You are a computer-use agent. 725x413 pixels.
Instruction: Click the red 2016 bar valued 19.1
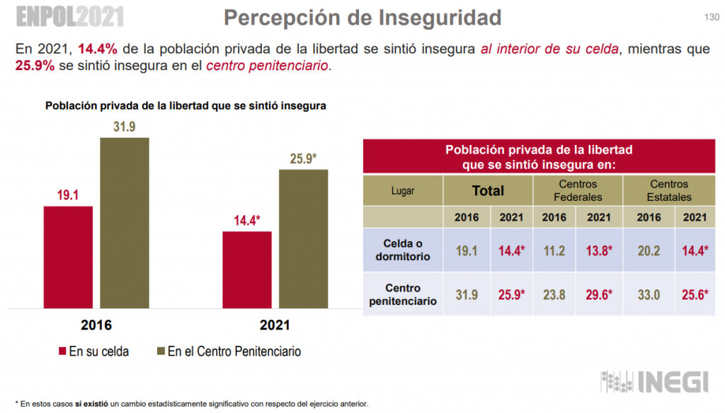point(68,257)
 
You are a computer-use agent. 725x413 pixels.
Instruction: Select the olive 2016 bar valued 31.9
point(124,223)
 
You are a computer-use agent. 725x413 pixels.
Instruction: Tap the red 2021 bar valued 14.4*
point(247,269)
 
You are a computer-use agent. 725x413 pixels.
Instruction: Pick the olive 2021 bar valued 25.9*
point(304,239)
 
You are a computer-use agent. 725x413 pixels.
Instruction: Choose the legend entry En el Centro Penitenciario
point(229,351)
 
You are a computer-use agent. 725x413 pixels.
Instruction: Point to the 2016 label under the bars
point(96,326)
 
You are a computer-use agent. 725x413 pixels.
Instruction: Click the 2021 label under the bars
point(275,326)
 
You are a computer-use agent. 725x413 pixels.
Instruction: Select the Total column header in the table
point(488,190)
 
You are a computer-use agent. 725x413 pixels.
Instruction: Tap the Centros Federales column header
point(578,190)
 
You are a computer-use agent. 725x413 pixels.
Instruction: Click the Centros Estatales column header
point(668,190)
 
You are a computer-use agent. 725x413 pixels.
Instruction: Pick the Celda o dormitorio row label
point(403,250)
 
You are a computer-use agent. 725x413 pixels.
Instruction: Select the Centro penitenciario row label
point(403,295)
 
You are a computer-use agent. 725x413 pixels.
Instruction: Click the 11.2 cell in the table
point(554,250)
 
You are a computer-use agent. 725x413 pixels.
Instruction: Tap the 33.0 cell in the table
point(644,295)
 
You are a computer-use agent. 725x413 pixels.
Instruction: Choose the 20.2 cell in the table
point(644,250)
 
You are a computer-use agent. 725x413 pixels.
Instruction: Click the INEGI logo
point(655,382)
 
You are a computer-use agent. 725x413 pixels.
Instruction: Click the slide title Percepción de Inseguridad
point(362,18)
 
